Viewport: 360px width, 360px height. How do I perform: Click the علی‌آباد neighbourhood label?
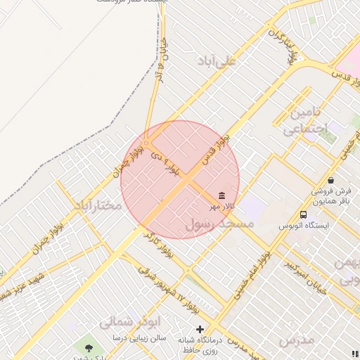(x=218, y=61)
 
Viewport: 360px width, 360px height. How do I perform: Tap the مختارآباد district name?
(x=96, y=205)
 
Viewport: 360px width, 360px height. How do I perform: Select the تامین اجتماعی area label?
(x=302, y=121)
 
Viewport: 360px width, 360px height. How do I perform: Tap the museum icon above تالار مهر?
(x=222, y=195)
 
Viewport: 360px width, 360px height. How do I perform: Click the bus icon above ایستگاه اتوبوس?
(x=303, y=214)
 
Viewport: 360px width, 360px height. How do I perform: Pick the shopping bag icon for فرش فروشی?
(x=330, y=180)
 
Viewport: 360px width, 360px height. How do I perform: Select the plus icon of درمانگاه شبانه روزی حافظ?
(x=200, y=328)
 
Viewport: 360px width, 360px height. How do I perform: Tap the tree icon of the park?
(x=88, y=347)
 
